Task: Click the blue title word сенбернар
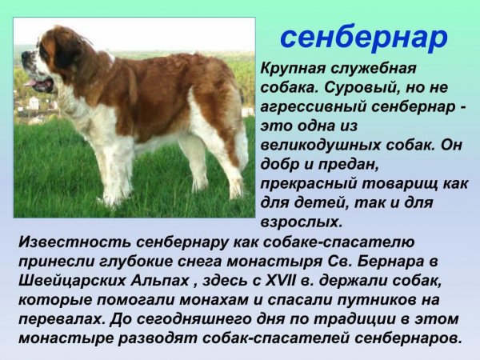(x=364, y=37)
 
